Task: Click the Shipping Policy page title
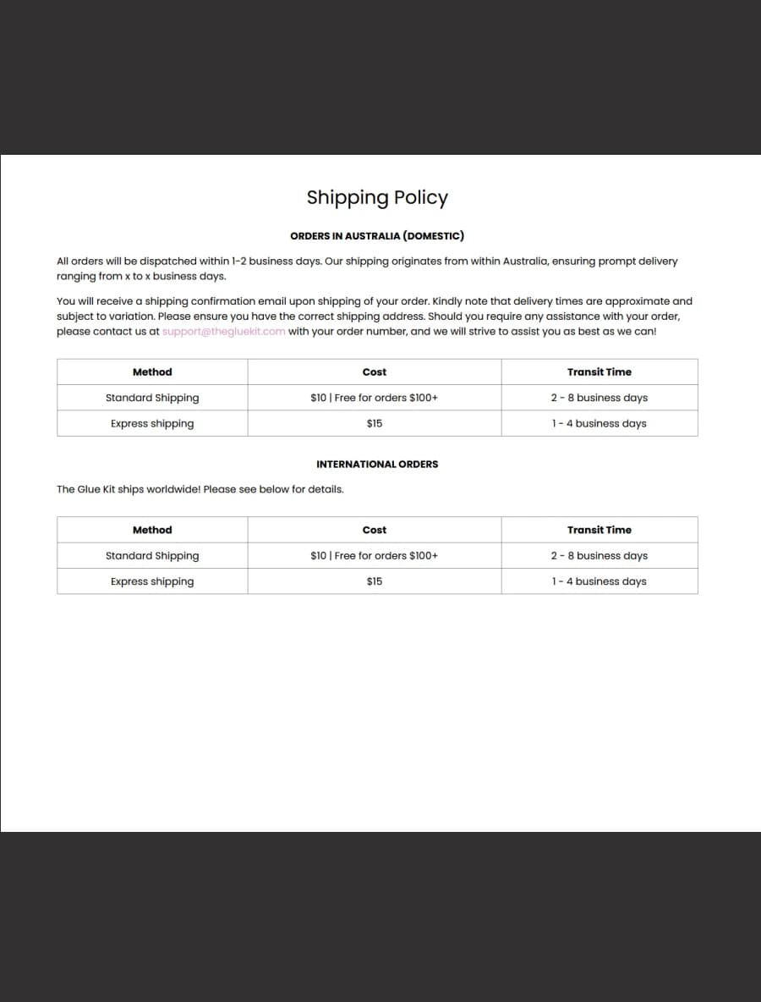click(x=377, y=197)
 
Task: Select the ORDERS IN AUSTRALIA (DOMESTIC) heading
click(x=377, y=236)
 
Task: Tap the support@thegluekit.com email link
click(x=223, y=332)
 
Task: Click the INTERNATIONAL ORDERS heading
click(x=377, y=465)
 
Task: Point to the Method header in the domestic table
click(x=152, y=372)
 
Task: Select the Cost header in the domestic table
click(x=375, y=372)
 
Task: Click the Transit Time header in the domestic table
click(x=599, y=372)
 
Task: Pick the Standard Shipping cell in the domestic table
click(x=152, y=398)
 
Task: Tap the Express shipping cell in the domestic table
click(x=152, y=424)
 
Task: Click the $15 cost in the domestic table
click(x=375, y=424)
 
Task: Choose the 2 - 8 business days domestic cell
click(x=599, y=398)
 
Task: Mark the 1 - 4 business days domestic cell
click(x=599, y=424)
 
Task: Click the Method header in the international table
click(x=152, y=531)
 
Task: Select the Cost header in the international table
click(x=375, y=531)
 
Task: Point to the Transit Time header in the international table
click(x=599, y=531)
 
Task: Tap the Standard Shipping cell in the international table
click(x=152, y=556)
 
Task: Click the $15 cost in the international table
click(x=375, y=582)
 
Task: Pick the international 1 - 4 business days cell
click(x=599, y=582)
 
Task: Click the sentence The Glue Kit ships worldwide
click(x=200, y=490)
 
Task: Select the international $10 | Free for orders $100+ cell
click(x=375, y=556)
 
